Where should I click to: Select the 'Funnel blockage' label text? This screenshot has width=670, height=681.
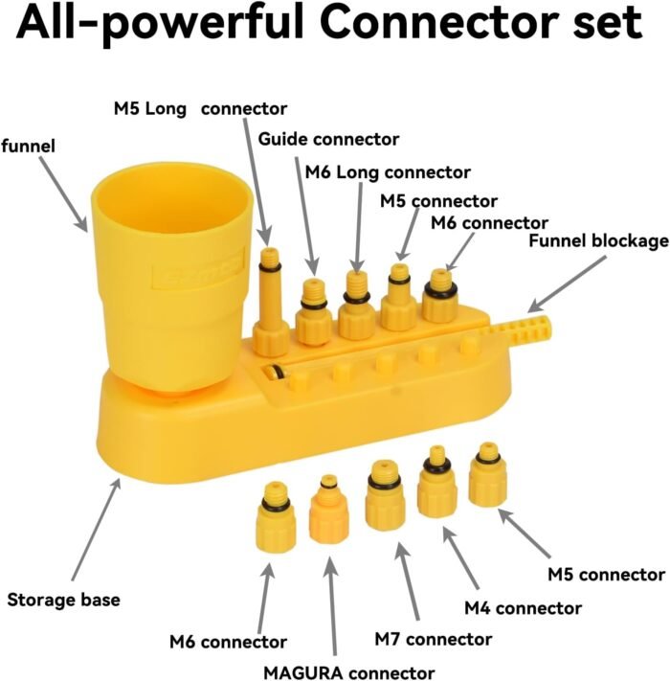tap(597, 239)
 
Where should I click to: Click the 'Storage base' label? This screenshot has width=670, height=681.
tap(64, 601)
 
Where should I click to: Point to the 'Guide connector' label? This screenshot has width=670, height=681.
tap(328, 140)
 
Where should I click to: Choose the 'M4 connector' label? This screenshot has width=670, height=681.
tap(523, 607)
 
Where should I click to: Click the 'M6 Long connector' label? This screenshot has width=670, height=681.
tap(388, 172)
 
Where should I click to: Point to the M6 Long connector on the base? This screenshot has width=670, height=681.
tap(356, 306)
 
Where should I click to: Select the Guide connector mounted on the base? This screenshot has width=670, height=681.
tap(312, 311)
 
